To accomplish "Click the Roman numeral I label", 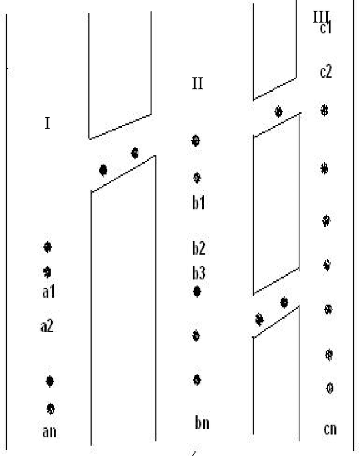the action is click(48, 123).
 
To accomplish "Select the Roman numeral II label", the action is click(197, 84).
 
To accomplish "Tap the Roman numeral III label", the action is click(321, 16).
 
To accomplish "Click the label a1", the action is click(48, 292).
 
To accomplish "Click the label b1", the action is click(197, 203).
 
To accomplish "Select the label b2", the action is click(197, 248).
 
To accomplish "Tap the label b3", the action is click(197, 273).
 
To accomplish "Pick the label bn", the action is click(202, 422).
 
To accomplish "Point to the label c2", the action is click(325, 71).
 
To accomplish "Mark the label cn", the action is click(330, 430).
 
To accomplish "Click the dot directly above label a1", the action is click(48, 272).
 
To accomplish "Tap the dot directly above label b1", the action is click(197, 178).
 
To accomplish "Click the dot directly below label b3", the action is click(197, 291).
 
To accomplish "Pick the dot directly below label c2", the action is click(324, 110).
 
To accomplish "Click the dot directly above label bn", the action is click(197, 379).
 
